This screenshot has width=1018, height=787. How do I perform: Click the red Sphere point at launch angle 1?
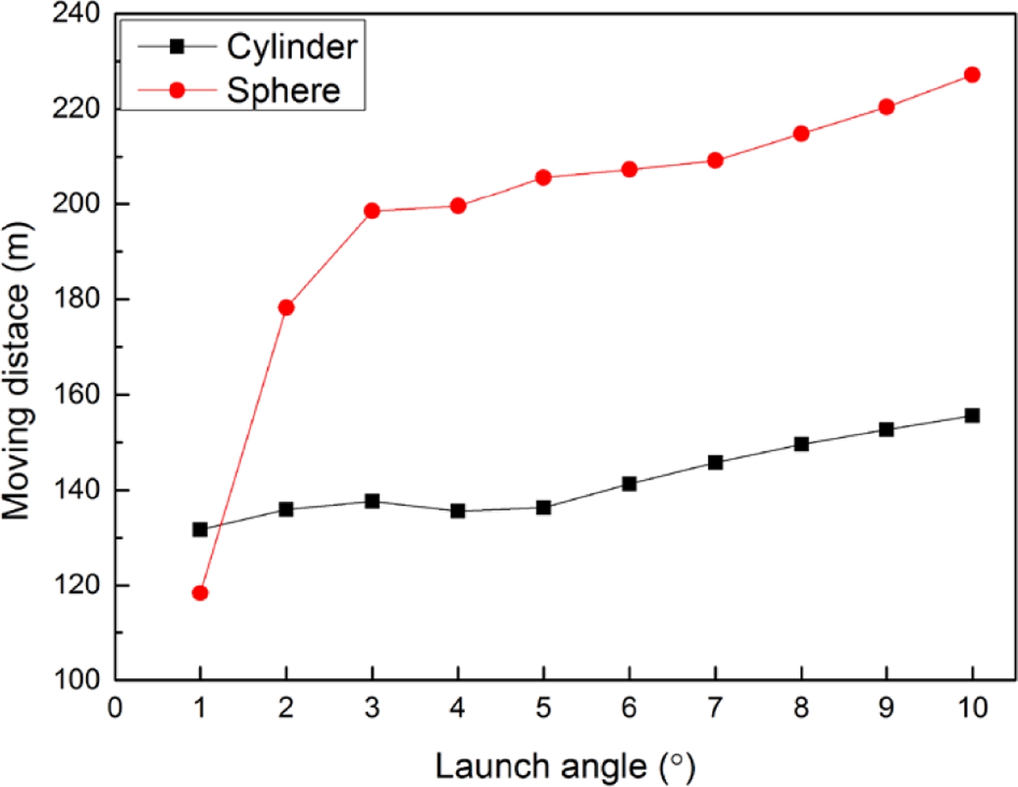(x=200, y=592)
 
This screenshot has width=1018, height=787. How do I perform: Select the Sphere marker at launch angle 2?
(x=286, y=307)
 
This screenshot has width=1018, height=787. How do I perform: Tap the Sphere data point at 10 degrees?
(x=972, y=75)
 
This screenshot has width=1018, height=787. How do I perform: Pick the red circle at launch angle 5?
(x=543, y=178)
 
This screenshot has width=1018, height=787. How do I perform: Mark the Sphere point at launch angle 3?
(x=372, y=211)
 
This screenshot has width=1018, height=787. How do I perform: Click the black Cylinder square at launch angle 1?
(x=200, y=529)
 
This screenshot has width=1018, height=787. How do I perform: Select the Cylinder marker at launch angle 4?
(x=458, y=511)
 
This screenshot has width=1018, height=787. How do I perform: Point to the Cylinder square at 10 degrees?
(x=972, y=416)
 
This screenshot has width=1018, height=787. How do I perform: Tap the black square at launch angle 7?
(x=715, y=462)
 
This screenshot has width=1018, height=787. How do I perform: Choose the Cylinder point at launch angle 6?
(x=629, y=484)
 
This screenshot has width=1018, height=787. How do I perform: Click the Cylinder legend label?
(x=292, y=46)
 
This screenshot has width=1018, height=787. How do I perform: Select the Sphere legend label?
(x=283, y=90)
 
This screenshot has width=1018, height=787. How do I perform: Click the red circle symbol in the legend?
(x=177, y=90)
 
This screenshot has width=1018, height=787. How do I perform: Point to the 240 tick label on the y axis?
(x=76, y=14)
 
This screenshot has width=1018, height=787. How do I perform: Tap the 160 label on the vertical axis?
(x=76, y=395)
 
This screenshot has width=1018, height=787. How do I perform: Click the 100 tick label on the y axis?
(x=76, y=681)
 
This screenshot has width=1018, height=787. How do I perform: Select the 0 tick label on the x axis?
(x=115, y=708)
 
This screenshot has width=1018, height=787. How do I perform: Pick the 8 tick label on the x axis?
(x=801, y=708)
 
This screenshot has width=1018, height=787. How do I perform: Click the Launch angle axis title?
(x=564, y=765)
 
